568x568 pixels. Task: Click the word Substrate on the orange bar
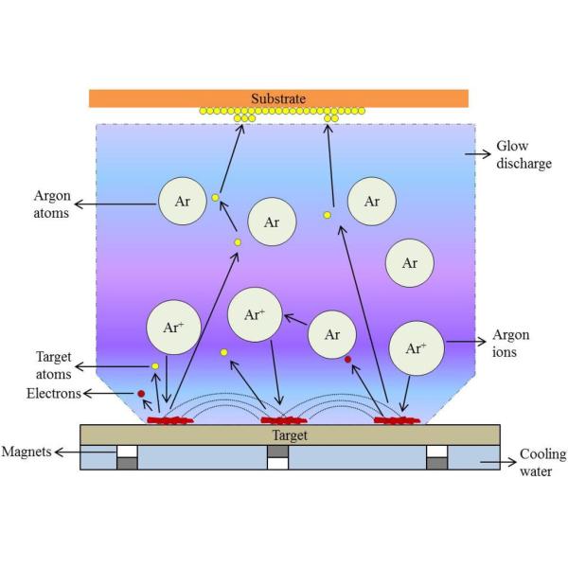pos(278,98)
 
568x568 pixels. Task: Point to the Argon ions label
pos(512,345)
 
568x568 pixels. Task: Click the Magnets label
pos(27,453)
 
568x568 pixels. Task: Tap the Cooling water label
pos(542,462)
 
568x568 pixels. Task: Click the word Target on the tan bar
pos(278,435)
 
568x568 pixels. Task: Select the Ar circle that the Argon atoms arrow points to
pos(182,202)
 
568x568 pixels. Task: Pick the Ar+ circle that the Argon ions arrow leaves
pos(416,347)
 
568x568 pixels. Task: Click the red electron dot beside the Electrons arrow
pos(141,394)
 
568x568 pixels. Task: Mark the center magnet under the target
pos(277,457)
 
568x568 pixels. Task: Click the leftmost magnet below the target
pos(127,457)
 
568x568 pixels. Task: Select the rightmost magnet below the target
pos(436,457)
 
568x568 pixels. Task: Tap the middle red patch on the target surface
pos(279,419)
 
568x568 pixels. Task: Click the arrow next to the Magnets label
pos(66,453)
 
